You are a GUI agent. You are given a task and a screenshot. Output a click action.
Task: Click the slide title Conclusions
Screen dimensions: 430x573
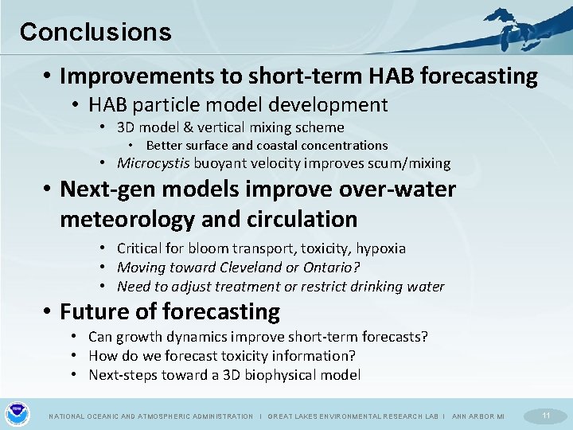tap(95, 32)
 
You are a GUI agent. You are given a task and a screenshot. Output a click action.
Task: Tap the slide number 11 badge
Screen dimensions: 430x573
tap(546, 416)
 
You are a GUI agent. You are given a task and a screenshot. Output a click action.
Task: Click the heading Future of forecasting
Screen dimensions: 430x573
tap(170, 311)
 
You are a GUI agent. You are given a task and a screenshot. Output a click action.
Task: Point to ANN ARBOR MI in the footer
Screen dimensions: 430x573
tap(477, 416)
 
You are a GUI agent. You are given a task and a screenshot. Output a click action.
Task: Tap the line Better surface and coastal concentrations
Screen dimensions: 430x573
tap(267, 145)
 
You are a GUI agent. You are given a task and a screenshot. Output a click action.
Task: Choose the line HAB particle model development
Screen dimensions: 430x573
tap(238, 104)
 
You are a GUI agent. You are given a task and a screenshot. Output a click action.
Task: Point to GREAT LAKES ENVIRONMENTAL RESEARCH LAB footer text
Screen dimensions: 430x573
tap(354, 416)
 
